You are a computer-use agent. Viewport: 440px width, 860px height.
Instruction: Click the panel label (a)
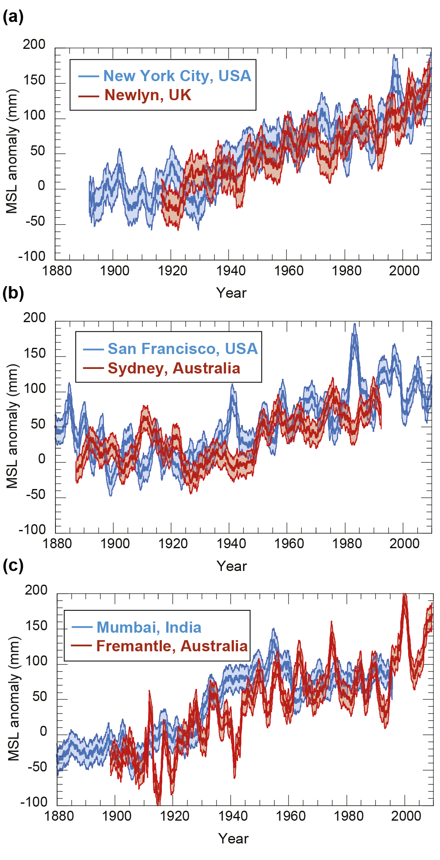point(13,17)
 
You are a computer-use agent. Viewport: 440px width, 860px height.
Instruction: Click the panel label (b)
point(13,293)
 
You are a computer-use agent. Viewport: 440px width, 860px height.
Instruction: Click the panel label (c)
point(13,565)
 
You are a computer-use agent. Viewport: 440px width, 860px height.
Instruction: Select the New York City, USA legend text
point(177,76)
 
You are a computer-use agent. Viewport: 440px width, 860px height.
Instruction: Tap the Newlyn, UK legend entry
point(147,95)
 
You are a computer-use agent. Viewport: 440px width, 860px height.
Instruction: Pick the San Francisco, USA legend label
point(183,349)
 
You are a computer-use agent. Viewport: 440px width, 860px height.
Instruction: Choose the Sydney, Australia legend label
point(174,368)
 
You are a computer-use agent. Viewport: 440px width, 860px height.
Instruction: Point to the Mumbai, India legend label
point(149,627)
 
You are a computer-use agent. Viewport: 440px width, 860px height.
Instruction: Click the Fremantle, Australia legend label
point(172,646)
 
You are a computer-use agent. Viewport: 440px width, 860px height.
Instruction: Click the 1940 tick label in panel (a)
point(231,271)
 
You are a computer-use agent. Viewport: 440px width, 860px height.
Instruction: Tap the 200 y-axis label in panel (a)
point(34,44)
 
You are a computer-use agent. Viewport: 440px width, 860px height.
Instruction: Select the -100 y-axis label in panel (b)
point(32,530)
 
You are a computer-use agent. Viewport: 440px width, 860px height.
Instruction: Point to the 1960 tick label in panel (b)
point(289,544)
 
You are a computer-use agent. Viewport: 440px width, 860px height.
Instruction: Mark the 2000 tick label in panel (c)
point(406,816)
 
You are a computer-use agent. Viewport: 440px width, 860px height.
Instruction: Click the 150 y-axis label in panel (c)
point(36,626)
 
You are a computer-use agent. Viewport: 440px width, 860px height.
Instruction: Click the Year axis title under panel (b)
point(231,566)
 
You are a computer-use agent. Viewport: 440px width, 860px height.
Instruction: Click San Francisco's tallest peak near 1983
point(354,325)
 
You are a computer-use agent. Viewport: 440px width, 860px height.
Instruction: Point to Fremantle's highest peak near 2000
point(405,595)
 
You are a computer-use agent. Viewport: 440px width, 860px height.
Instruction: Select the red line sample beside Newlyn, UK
point(89,96)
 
